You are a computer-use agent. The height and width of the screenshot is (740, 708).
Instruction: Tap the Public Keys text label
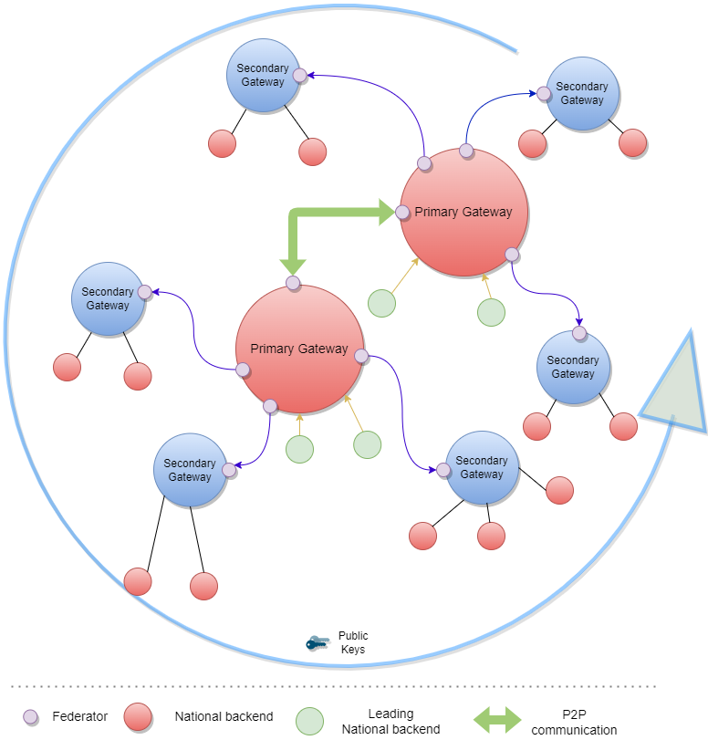(353, 642)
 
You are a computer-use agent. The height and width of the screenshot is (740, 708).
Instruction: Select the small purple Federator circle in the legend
(31, 717)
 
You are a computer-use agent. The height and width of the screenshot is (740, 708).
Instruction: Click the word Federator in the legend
(79, 717)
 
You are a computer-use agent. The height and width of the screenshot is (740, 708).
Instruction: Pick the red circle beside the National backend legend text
(138, 717)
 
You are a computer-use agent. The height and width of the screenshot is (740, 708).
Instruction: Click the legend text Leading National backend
(390, 721)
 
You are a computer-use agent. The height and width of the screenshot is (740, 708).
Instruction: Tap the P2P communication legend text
(574, 722)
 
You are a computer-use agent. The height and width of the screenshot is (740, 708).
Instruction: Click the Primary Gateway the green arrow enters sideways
(464, 213)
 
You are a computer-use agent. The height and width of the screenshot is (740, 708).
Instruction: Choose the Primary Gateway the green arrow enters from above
(299, 349)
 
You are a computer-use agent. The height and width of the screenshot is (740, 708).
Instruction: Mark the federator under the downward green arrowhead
(293, 284)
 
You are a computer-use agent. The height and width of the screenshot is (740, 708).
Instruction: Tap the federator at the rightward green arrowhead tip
(401, 213)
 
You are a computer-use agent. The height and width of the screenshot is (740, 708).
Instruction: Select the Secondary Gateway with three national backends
(482, 468)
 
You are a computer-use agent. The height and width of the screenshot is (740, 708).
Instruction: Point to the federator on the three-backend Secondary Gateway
(442, 470)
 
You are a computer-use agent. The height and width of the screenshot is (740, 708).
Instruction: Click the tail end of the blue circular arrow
(515, 47)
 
